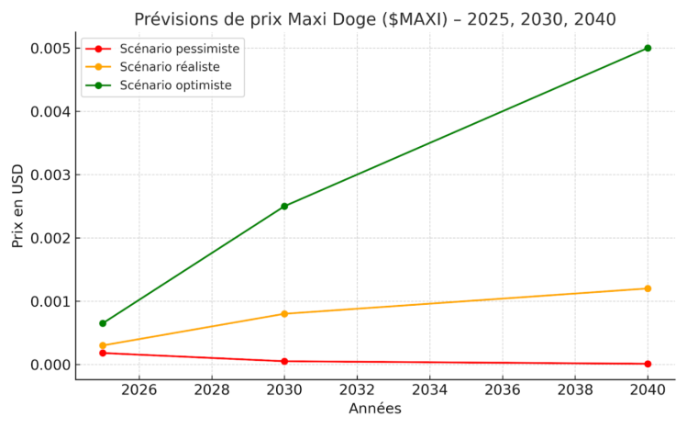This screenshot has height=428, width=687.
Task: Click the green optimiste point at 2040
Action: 648,48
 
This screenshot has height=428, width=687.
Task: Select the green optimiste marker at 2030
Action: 284,206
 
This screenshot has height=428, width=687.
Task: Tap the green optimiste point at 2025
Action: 103,323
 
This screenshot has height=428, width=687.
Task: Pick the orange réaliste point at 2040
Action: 648,288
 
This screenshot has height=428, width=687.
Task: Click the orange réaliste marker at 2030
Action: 284,314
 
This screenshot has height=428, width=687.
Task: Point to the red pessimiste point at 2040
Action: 648,364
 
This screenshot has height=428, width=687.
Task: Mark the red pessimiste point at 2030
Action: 284,361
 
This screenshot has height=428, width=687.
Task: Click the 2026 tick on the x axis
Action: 139,389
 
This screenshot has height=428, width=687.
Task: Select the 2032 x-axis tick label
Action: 357,389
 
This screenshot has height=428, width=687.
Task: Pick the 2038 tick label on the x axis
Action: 575,389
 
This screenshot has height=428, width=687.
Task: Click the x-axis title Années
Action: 375,409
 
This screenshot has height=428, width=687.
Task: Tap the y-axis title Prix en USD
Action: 17,206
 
